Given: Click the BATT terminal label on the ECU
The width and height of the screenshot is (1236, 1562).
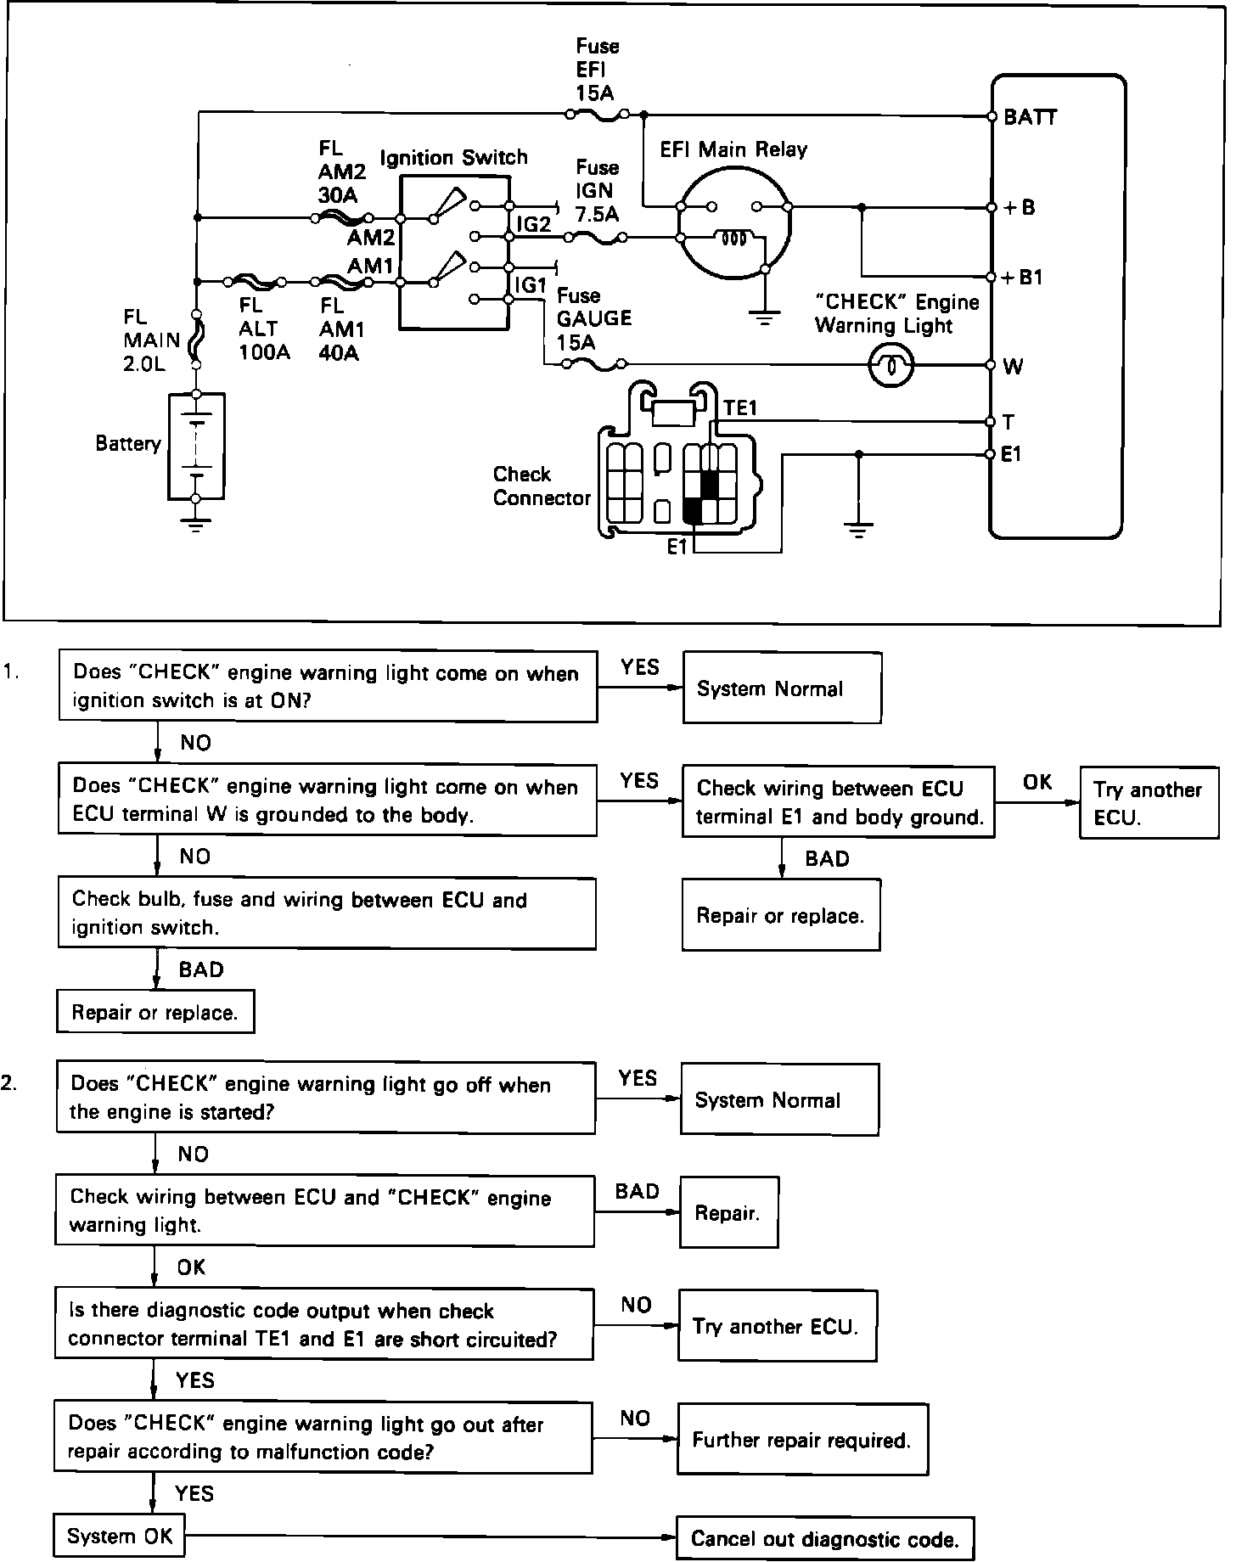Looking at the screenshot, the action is pyautogui.click(x=1030, y=117).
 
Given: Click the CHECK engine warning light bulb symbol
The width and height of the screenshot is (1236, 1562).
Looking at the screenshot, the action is pyautogui.click(x=890, y=366).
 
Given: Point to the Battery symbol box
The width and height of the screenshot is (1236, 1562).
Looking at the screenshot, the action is pyautogui.click(x=196, y=445).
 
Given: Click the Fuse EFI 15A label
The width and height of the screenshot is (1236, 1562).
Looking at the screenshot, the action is pyautogui.click(x=598, y=70).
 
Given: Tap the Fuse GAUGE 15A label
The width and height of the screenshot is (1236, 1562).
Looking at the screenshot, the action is pyautogui.click(x=594, y=319).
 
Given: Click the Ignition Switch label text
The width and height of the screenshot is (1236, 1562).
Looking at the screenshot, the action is pyautogui.click(x=453, y=158).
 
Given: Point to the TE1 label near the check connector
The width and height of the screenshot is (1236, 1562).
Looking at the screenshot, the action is pyautogui.click(x=740, y=408).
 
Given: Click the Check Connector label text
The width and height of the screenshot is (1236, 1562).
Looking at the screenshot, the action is pyautogui.click(x=541, y=486).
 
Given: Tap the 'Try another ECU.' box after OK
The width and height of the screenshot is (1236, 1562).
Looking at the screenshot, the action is pyautogui.click(x=1149, y=803).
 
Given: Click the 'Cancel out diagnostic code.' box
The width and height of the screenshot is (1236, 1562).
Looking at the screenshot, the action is pyautogui.click(x=825, y=1537).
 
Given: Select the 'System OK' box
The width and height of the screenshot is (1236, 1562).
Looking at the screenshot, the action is pyautogui.click(x=119, y=1536).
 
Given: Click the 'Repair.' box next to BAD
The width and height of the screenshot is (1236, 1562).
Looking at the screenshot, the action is pyautogui.click(x=729, y=1212).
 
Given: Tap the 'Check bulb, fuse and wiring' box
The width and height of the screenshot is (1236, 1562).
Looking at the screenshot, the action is pyautogui.click(x=327, y=913).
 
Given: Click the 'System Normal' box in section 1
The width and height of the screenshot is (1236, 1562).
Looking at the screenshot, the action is pyautogui.click(x=782, y=688).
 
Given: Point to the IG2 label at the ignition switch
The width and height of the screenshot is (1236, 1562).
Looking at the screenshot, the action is pyautogui.click(x=534, y=224).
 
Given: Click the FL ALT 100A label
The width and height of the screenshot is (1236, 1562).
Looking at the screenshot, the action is pyautogui.click(x=264, y=329).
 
